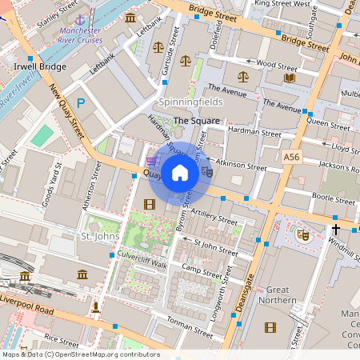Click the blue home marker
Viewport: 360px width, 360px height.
click(180, 173)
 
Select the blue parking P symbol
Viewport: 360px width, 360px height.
click(80, 102)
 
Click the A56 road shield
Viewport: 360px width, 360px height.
click(293, 159)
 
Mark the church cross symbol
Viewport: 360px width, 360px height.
click(336, 230)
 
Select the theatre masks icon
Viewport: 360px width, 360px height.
click(302, 234)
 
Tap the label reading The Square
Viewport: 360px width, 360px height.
click(192, 121)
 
